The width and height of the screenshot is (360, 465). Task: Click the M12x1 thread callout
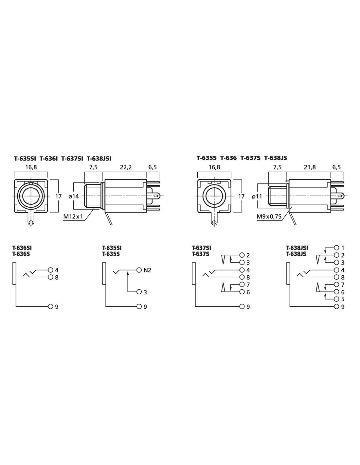click(73, 217)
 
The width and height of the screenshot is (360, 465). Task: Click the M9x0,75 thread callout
click(269, 217)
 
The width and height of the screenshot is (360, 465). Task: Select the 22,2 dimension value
click(125, 167)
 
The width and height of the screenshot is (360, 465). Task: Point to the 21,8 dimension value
click(310, 167)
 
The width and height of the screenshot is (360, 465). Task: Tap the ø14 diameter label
click(74, 196)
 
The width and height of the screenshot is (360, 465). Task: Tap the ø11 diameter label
click(257, 196)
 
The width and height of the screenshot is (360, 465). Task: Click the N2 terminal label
click(147, 270)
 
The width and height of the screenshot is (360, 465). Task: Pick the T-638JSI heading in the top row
click(99, 159)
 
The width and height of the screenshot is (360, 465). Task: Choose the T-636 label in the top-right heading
click(228, 158)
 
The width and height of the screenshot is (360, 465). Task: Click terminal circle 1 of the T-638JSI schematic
click(336, 248)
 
